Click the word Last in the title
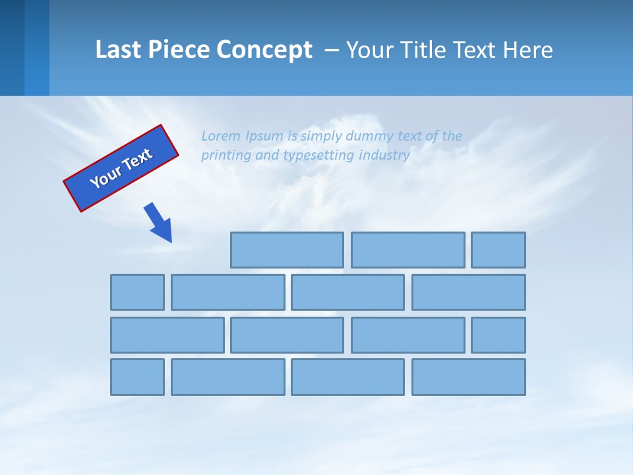(x=119, y=50)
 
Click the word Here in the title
(x=527, y=50)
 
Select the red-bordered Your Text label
(x=121, y=168)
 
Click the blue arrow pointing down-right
(x=159, y=222)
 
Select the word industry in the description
(x=384, y=155)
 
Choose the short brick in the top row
(x=498, y=250)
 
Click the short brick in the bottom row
(x=137, y=377)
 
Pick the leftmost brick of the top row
(x=287, y=250)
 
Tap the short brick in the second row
(x=137, y=292)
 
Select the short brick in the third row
(x=498, y=335)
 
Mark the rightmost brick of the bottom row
(x=469, y=377)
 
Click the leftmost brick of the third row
(x=167, y=335)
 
